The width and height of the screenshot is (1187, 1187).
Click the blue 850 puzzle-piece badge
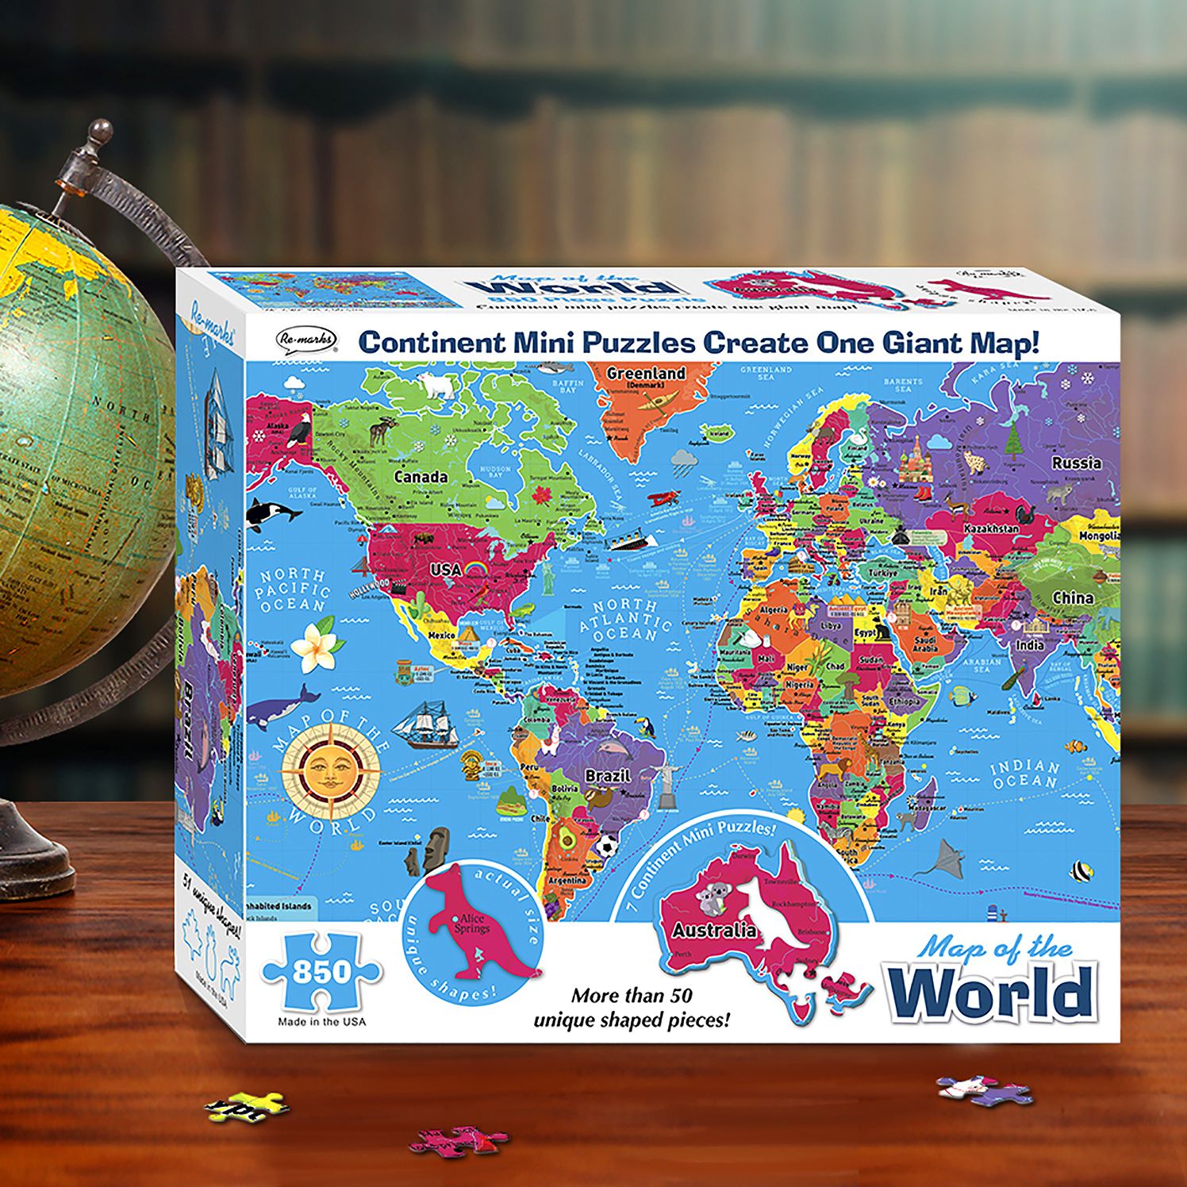(321, 971)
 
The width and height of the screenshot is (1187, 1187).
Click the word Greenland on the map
(645, 373)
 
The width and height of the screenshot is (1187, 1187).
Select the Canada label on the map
(421, 477)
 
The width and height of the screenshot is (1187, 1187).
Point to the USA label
(445, 570)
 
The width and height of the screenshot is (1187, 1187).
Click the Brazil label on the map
(607, 775)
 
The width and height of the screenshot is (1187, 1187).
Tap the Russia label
(1076, 463)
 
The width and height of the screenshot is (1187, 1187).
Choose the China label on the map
(1072, 597)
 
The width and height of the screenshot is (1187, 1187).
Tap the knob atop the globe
(101, 133)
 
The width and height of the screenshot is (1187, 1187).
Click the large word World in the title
(993, 993)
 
